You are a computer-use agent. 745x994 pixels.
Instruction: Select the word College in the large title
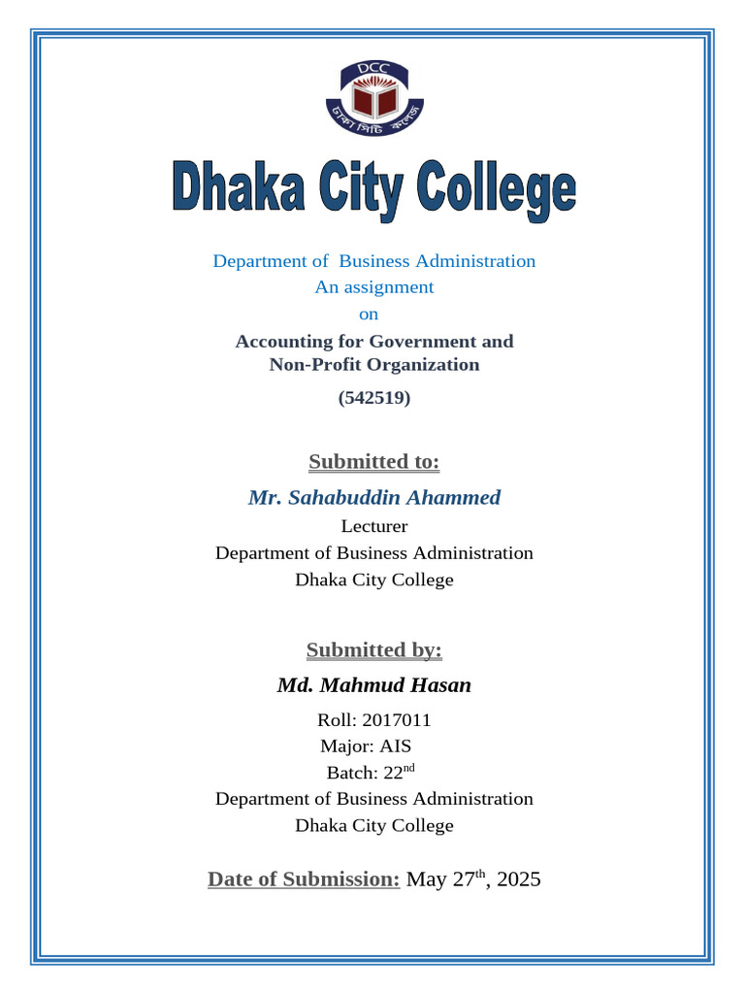pos(496,192)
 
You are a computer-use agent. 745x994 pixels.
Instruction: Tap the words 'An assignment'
pos(373,287)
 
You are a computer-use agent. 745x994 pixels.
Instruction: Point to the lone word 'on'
pos(369,315)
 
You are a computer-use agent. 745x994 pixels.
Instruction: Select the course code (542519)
pos(373,397)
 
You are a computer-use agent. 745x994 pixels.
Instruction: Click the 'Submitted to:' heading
pos(373,461)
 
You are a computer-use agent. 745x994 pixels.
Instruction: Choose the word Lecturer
pos(373,526)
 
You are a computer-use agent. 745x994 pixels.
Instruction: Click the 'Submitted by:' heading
pos(373,649)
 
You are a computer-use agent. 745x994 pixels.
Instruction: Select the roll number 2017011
pos(397,720)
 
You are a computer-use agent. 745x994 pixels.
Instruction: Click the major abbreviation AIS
pos(396,746)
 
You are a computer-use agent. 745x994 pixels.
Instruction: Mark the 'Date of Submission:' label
pos(304,879)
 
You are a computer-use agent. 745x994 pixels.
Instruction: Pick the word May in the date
pos(426,880)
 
